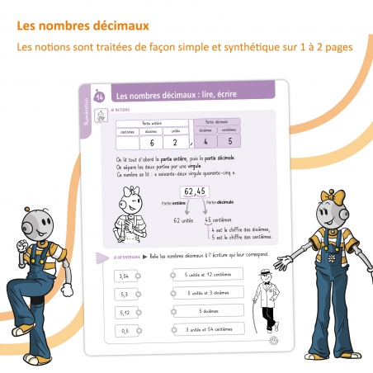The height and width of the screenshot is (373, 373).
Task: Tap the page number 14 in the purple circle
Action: point(100,98)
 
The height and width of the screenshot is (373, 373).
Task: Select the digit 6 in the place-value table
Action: point(153,143)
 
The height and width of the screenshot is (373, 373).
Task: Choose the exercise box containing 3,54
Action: point(124,276)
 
